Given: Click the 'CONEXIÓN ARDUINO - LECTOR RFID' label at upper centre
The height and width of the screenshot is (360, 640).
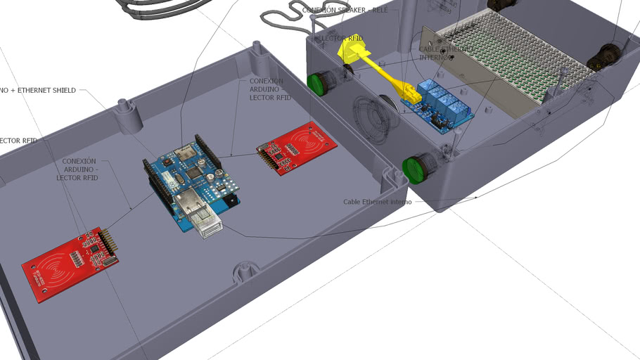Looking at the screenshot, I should coord(270,89).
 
